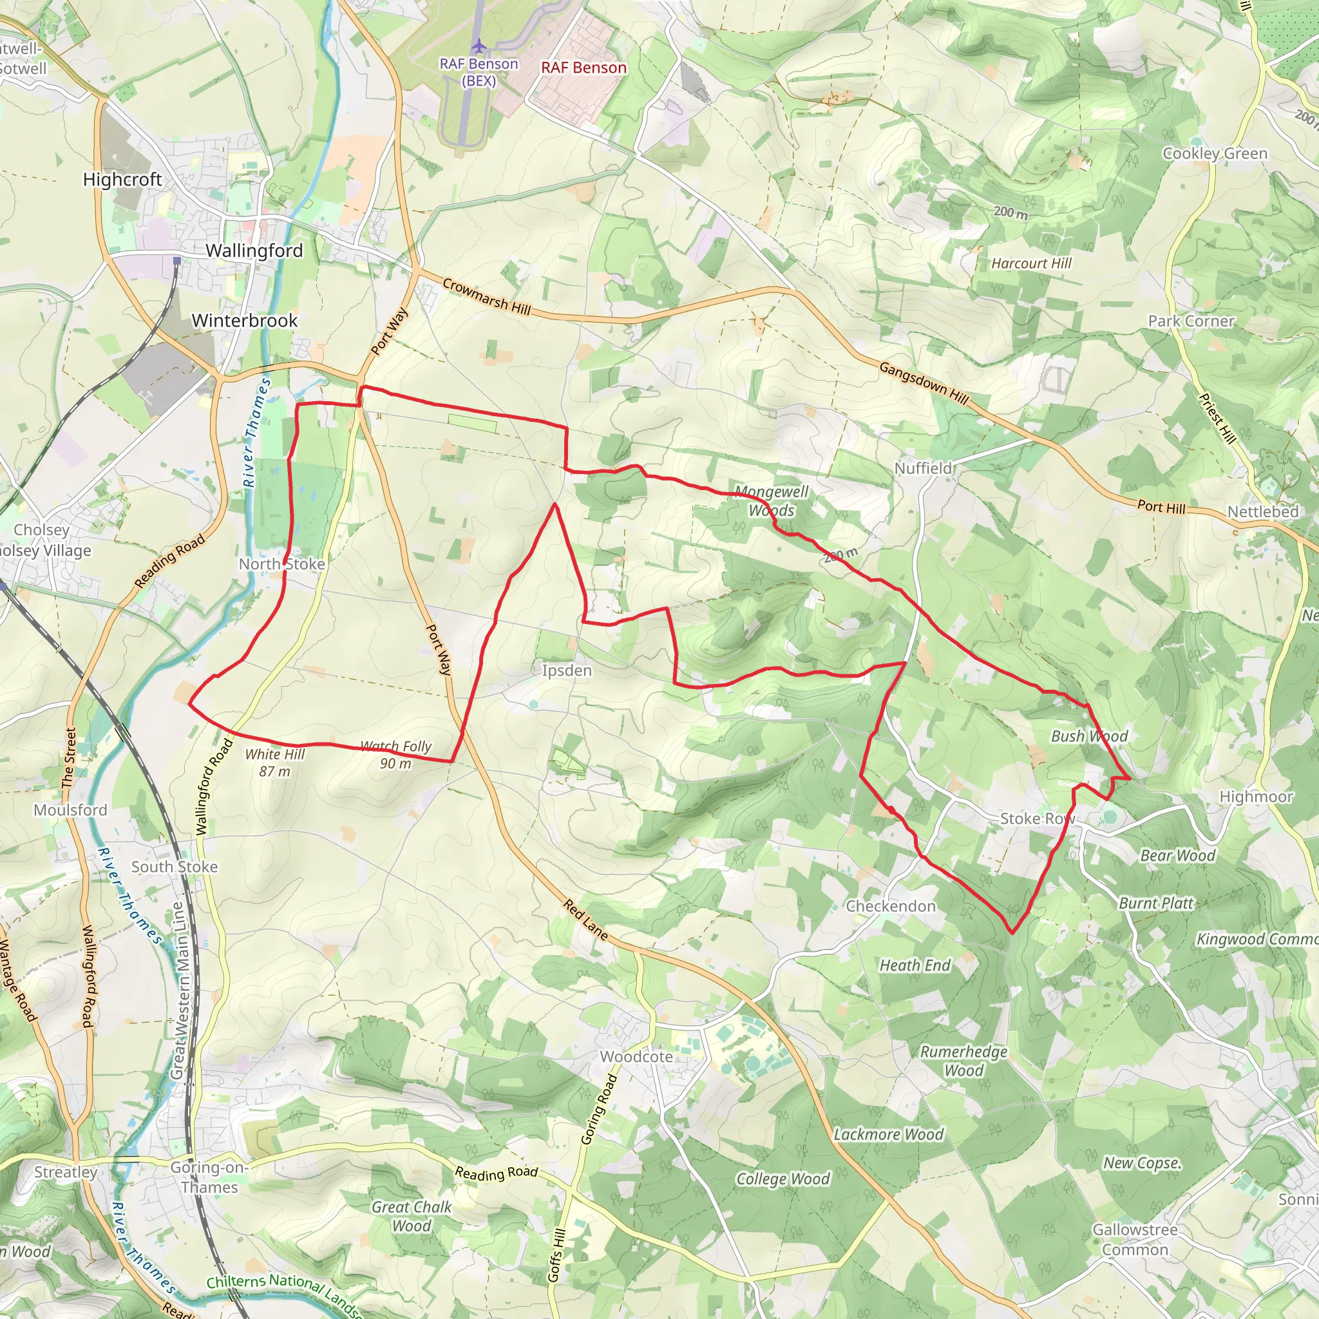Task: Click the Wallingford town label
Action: [x=254, y=251]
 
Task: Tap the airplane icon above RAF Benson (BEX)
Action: [x=479, y=46]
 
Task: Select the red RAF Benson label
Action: [x=584, y=68]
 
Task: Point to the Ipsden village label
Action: [x=567, y=670]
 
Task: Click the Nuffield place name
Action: [x=923, y=468]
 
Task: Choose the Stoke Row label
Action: [x=1037, y=819]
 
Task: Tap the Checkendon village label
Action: [x=891, y=906]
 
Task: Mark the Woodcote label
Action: [x=636, y=1057]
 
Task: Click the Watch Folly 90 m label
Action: [x=396, y=754]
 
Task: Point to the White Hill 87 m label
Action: [x=274, y=763]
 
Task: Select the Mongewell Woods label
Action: [x=772, y=501]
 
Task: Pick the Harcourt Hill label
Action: [x=1031, y=263]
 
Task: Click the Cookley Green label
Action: [x=1215, y=154]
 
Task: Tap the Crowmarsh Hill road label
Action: [x=486, y=296]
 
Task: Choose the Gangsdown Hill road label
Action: [x=924, y=383]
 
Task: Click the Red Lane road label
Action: [x=585, y=919]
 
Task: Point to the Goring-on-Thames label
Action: [x=209, y=1177]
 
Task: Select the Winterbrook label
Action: [x=244, y=321]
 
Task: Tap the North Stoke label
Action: [x=281, y=564]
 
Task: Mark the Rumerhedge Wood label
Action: [x=963, y=1061]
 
